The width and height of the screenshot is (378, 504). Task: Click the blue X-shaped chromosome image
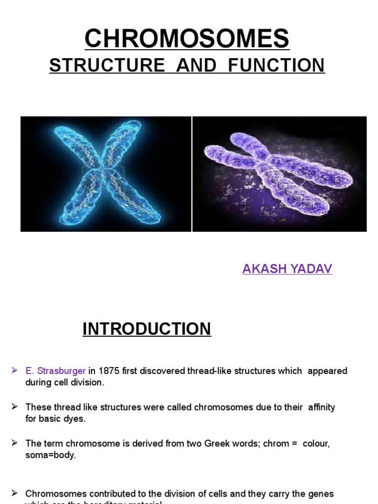(106, 174)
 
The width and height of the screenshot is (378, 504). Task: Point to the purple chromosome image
(279, 174)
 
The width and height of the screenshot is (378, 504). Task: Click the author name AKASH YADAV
(287, 269)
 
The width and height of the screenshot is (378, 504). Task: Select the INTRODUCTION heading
(147, 329)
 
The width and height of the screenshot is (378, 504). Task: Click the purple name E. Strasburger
(56, 371)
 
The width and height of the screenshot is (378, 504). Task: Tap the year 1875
(106, 371)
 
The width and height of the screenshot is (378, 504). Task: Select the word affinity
(321, 407)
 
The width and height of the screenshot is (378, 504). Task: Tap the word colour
(315, 443)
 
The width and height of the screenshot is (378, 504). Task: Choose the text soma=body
(51, 455)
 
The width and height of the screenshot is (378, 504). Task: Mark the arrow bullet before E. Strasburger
(15, 370)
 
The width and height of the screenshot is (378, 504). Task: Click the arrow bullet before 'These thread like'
(15, 406)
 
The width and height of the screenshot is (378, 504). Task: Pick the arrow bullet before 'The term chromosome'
(15, 442)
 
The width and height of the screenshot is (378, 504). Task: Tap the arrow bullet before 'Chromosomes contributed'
(15, 492)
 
